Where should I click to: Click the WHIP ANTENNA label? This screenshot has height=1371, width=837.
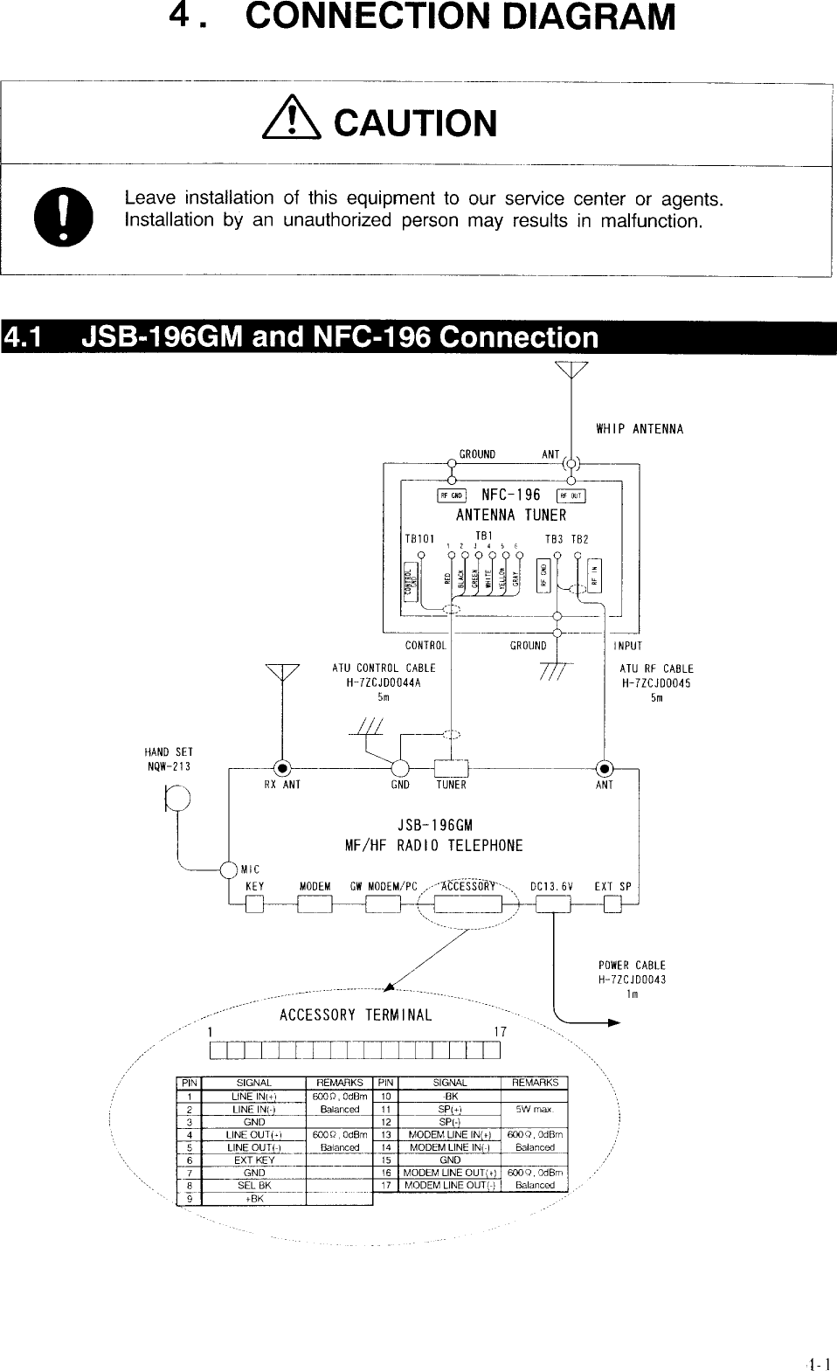click(x=640, y=429)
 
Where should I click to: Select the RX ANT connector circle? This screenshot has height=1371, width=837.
click(x=281, y=769)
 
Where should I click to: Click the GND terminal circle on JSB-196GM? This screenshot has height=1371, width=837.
click(x=401, y=769)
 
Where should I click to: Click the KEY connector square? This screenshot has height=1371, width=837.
click(x=254, y=906)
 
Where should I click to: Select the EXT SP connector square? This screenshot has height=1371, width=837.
click(x=612, y=906)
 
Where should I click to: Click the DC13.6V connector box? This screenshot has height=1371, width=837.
click(x=552, y=906)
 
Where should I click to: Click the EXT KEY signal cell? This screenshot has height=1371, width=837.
click(x=253, y=1160)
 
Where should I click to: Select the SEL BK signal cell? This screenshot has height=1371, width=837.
click(x=253, y=1185)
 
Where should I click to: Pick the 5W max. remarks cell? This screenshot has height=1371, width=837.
click(x=535, y=1109)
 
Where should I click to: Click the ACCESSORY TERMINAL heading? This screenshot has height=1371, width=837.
click(x=356, y=1014)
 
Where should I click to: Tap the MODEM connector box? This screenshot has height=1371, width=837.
click(x=314, y=906)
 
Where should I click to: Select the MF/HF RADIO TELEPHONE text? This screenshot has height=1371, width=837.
click(x=434, y=846)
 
